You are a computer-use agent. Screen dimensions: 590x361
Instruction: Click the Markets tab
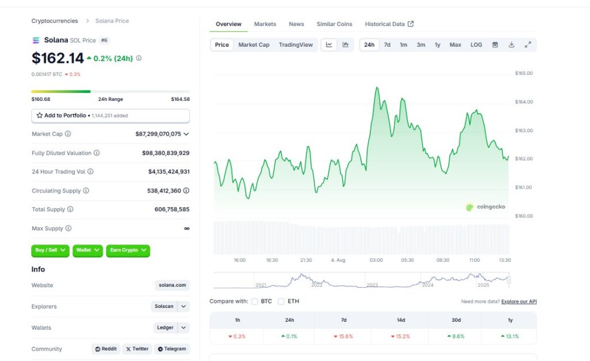pos(265,24)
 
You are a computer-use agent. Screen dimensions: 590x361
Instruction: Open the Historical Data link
pos(389,24)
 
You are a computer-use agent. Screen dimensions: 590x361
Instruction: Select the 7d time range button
pos(387,45)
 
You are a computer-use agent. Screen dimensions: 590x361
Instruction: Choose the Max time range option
pos(455,45)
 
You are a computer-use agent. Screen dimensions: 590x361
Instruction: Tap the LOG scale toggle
pos(476,45)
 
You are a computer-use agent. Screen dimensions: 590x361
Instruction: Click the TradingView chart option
pos(296,45)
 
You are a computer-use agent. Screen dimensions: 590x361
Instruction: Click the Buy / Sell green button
pos(50,250)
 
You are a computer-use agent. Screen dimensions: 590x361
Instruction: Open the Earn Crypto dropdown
pos(128,250)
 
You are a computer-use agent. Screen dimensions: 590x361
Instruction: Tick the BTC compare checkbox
pos(255,302)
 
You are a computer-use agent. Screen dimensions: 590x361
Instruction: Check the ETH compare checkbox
pos(281,302)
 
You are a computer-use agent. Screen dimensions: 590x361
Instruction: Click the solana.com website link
pos(172,285)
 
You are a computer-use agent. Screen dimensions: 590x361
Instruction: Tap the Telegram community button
pos(172,349)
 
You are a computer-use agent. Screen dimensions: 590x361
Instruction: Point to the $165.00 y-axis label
pos(524,73)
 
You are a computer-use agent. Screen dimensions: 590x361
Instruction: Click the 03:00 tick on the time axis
pos(376,260)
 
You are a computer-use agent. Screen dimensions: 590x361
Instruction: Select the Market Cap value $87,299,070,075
pos(158,134)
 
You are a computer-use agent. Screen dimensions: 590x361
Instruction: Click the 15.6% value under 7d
pos(343,337)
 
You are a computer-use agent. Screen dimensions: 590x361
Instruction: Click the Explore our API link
pos(519,302)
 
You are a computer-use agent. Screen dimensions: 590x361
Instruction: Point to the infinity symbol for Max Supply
pos(187,228)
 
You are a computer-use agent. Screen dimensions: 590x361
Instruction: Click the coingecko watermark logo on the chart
pos(470,206)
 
